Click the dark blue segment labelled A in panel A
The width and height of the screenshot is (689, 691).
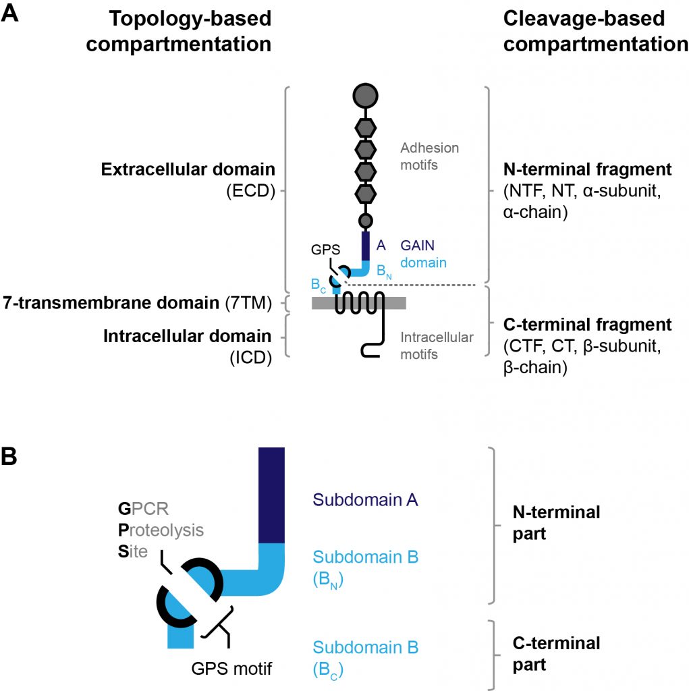pos(366,246)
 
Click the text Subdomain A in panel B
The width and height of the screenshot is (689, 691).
pos(365,500)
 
